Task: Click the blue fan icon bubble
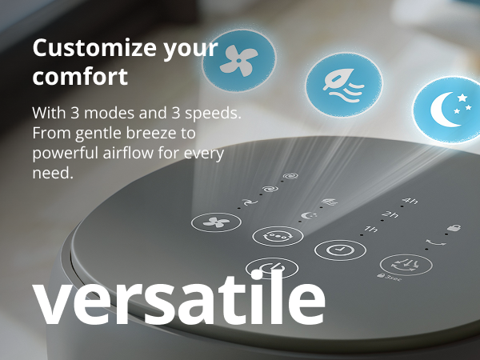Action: [x=239, y=60]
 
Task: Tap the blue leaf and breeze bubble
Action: [x=344, y=85]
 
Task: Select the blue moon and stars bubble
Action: [x=447, y=110]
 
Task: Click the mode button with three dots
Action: [x=278, y=236]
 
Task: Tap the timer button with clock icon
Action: [x=340, y=250]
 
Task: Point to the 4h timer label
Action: [x=410, y=201]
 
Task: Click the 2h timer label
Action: [x=390, y=214]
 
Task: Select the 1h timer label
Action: [x=370, y=229]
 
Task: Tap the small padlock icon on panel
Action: [x=454, y=227]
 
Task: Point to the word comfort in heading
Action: [x=80, y=76]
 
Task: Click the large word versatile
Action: [x=178, y=298]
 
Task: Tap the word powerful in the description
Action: [x=66, y=154]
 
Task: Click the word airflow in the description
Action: [x=128, y=153]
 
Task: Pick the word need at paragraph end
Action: [x=53, y=173]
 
